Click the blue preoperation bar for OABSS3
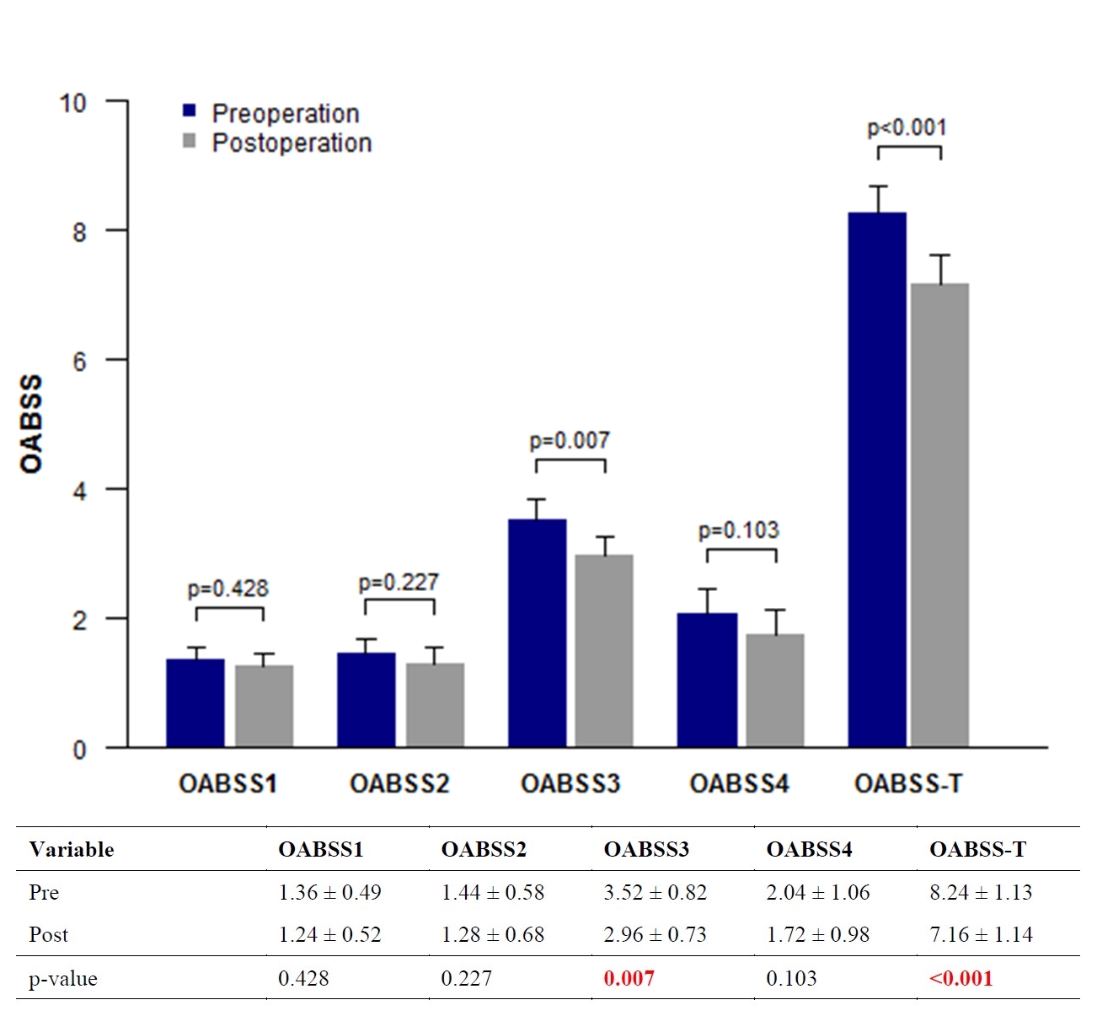[x=537, y=632]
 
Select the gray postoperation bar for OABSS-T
[x=939, y=514]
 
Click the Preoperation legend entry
[x=271, y=113]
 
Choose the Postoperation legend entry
[x=278, y=142]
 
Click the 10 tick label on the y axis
[x=72, y=103]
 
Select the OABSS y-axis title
[x=31, y=424]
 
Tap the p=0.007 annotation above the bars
[x=570, y=440]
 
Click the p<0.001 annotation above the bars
[x=907, y=127]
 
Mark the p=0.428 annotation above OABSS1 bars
[x=227, y=588]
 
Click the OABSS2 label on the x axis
[x=399, y=783]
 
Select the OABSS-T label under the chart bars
[x=908, y=783]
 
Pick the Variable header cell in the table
[x=72, y=849]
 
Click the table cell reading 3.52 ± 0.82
[x=655, y=892]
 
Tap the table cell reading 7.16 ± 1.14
[x=981, y=934]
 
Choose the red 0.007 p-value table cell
[x=629, y=978]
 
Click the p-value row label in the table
[x=63, y=979]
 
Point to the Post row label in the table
[x=48, y=934]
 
